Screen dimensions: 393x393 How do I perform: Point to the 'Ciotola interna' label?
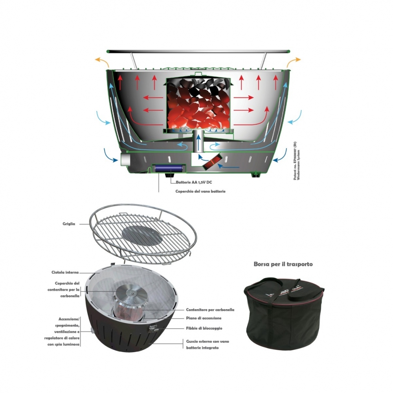[65, 272]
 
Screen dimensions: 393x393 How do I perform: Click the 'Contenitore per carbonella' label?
[210, 310]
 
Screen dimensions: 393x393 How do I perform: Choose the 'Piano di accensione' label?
[203, 318]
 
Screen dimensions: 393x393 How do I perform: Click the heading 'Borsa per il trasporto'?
[283, 264]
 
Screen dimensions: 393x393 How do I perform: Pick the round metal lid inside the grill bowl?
[131, 292]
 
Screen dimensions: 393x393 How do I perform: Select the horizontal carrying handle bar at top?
[198, 51]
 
